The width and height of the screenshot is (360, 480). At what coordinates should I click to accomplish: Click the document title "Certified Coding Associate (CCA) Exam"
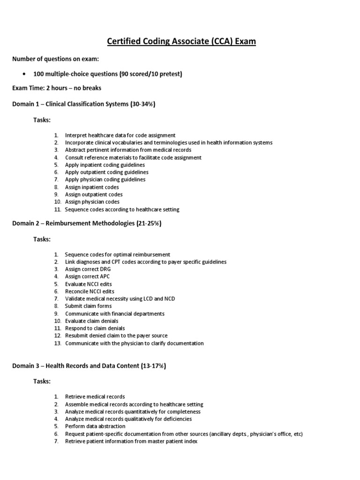tap(182, 42)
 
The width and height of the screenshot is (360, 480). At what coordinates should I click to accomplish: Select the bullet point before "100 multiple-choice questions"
tap(23, 74)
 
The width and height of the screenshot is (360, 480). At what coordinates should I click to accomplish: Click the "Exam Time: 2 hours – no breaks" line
tap(57, 88)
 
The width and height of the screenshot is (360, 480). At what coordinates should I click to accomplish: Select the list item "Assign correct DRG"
tap(88, 269)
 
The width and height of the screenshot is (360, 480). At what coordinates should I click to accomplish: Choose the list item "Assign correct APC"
tap(88, 277)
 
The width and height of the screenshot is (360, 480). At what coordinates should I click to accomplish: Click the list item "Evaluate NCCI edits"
tap(88, 284)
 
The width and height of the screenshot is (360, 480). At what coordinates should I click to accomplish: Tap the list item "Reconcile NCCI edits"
tap(89, 291)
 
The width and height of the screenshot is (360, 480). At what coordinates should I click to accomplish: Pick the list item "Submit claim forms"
tap(88, 306)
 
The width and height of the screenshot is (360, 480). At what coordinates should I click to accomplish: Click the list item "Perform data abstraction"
tap(95, 426)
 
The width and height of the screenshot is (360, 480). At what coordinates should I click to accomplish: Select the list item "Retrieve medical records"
tap(95, 397)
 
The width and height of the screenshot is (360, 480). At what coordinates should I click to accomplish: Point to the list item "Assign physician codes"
tap(92, 202)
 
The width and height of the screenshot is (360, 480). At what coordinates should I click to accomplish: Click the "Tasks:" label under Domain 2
tap(41, 240)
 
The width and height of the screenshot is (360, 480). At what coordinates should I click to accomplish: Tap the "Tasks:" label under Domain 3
tap(41, 382)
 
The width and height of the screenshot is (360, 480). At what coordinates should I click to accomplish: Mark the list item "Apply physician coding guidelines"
tap(105, 179)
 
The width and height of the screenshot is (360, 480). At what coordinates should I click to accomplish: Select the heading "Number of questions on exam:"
tap(55, 59)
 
